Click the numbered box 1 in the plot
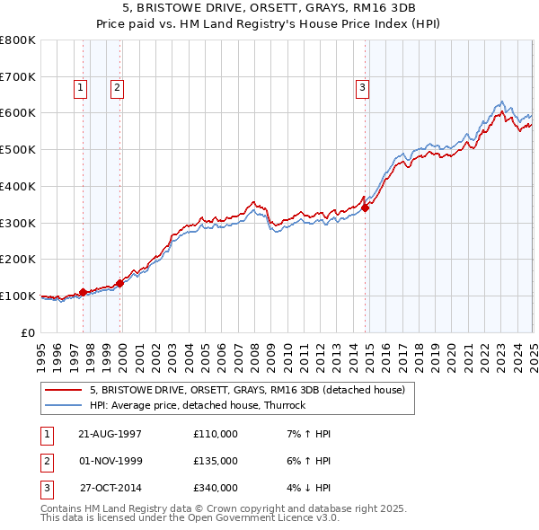[81, 87]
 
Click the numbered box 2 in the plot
[117, 87]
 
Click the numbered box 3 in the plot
[361, 87]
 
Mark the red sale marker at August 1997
[84, 292]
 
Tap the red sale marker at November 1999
[120, 283]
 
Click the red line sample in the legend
[64, 390]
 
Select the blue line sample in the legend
[64, 405]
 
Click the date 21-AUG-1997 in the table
[110, 434]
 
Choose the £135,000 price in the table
[216, 461]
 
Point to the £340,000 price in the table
[216, 488]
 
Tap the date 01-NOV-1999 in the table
[110, 461]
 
